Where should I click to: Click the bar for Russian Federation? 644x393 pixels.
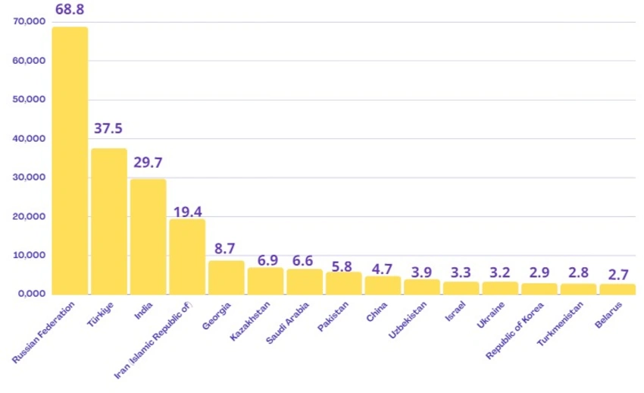(x=70, y=160)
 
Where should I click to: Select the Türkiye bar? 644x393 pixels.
(x=109, y=221)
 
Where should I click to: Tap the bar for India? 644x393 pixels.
(x=148, y=236)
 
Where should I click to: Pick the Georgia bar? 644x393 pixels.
(x=226, y=277)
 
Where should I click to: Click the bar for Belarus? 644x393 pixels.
(x=617, y=288)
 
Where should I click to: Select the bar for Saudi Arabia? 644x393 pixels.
(x=305, y=281)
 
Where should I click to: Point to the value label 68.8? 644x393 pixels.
(x=70, y=10)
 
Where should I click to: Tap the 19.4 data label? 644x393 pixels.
(x=187, y=210)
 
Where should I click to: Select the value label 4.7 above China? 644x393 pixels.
(x=383, y=268)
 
